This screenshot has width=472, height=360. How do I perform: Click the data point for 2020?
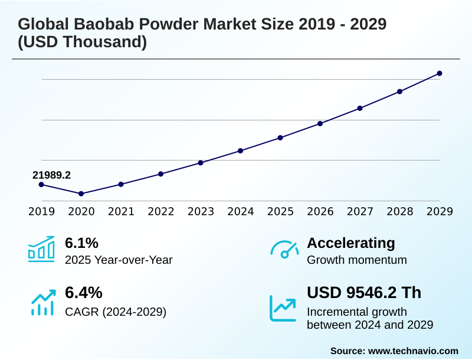[x=81, y=194]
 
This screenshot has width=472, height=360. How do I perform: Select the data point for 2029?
[x=440, y=73]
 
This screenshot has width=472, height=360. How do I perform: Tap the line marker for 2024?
[x=241, y=150]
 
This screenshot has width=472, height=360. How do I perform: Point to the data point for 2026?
[x=320, y=123]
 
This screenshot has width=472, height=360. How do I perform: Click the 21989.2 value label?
[x=51, y=175]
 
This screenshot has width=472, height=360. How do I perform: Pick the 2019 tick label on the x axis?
[x=41, y=211]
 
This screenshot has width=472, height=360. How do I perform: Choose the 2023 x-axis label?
[x=201, y=211]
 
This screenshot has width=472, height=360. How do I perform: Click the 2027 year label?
[x=360, y=211]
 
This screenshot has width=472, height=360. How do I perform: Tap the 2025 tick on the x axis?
[x=280, y=211]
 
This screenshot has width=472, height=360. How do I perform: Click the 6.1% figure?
[x=81, y=243]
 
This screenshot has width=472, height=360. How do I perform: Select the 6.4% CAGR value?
[x=83, y=293]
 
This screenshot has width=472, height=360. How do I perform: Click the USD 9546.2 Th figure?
[x=364, y=293]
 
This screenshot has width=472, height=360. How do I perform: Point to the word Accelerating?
[x=351, y=243]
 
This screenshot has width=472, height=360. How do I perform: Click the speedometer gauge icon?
[x=284, y=250]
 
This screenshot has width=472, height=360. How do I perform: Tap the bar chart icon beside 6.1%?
[x=41, y=249]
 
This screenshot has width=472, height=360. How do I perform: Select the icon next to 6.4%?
[x=42, y=302]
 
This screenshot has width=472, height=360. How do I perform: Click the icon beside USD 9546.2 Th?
[x=283, y=308]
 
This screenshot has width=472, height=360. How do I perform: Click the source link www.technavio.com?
[x=413, y=351]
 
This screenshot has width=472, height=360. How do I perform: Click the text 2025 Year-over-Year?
[x=119, y=260]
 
